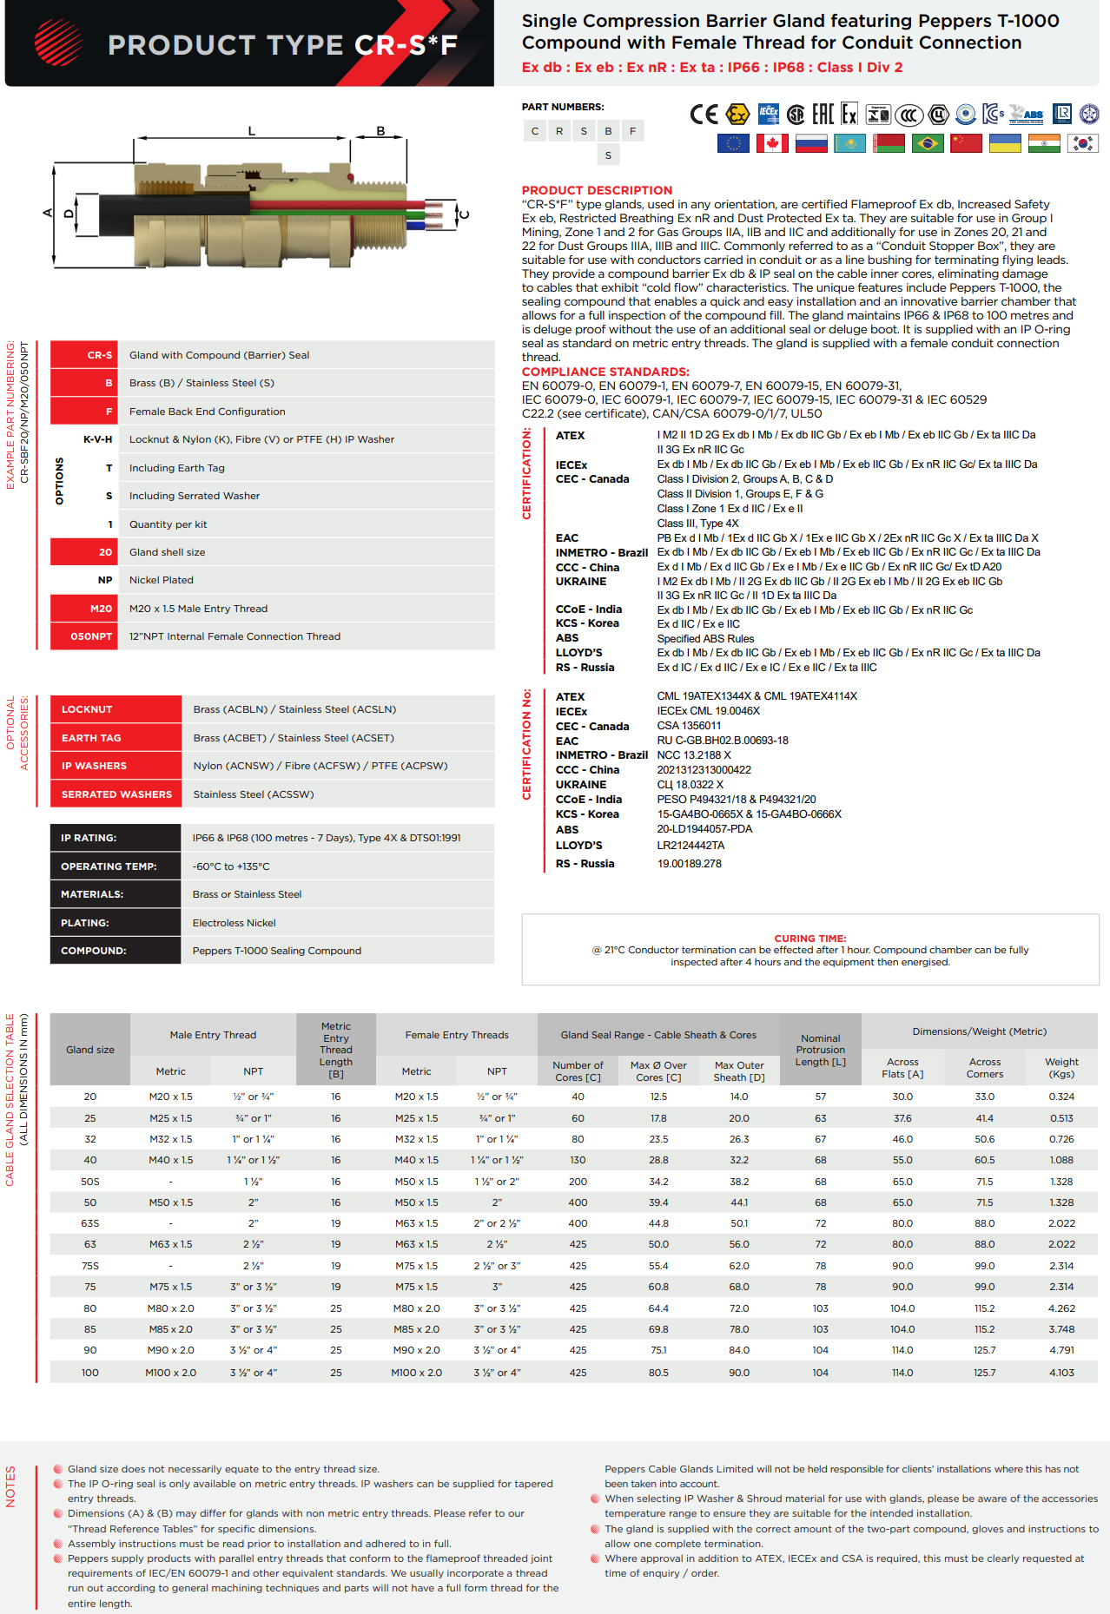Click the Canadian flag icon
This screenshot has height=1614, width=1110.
pos(772,143)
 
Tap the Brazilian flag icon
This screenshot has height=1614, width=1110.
pos(928,143)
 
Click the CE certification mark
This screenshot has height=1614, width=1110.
pos(704,115)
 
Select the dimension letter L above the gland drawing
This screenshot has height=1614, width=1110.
pos(252,131)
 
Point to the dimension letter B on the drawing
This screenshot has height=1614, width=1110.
pos(380,131)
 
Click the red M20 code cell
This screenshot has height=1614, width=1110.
pos(84,609)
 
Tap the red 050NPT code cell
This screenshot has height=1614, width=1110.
pos(84,636)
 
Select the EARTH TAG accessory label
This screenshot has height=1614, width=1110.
pos(91,738)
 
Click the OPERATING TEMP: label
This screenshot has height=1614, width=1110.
pos(109,866)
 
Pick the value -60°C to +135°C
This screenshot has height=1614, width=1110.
pos(231,866)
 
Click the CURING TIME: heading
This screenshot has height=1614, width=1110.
pos(809,939)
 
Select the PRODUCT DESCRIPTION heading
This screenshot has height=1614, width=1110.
pos(597,190)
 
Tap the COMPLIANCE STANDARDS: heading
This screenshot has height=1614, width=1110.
pos(605,372)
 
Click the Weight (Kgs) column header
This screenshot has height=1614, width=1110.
pos(1061,1068)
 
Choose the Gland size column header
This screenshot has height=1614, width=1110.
pos(90,1050)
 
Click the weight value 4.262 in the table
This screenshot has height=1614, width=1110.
pos(1061,1308)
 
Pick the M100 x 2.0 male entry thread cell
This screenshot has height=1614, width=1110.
pos(171,1373)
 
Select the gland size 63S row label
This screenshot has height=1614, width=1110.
pos(90,1223)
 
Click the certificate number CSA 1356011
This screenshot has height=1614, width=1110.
pos(689,726)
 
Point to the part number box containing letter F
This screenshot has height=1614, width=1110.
pos(632,131)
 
